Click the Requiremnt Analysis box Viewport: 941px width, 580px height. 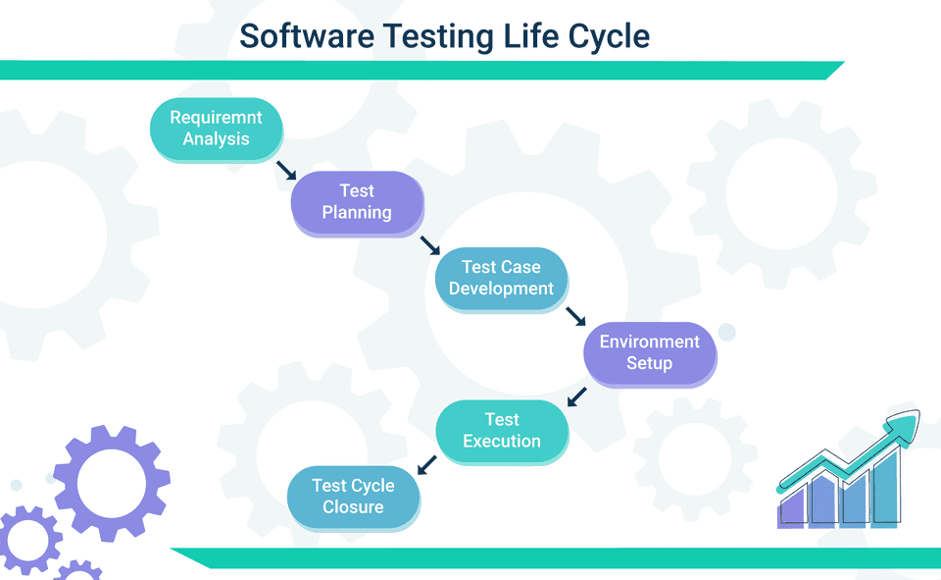coord(216,129)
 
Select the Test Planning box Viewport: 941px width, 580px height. coord(357,202)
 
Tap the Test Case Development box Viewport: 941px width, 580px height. coord(501,278)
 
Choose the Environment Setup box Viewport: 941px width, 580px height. coord(649,352)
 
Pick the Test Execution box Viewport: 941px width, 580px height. coord(501,430)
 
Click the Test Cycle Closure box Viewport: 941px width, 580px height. coord(353,497)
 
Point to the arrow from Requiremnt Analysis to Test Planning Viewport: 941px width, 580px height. coord(285,171)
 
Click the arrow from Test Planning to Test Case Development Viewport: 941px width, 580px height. coord(429,245)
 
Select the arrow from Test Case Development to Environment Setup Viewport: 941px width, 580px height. coord(575,316)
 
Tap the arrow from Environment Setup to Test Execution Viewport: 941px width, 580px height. coord(577,396)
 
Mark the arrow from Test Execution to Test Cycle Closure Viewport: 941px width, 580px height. coord(427,465)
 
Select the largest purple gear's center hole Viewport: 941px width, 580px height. coord(111,483)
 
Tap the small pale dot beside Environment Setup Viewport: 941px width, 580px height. coord(726,332)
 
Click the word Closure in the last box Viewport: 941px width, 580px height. coord(353,507)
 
